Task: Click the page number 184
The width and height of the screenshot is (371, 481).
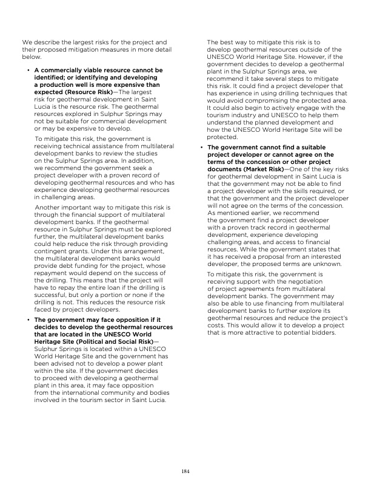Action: click(x=185, y=471)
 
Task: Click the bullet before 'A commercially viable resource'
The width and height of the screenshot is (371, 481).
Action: click(x=28, y=70)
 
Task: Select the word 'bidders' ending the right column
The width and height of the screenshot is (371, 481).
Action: click(x=320, y=333)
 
